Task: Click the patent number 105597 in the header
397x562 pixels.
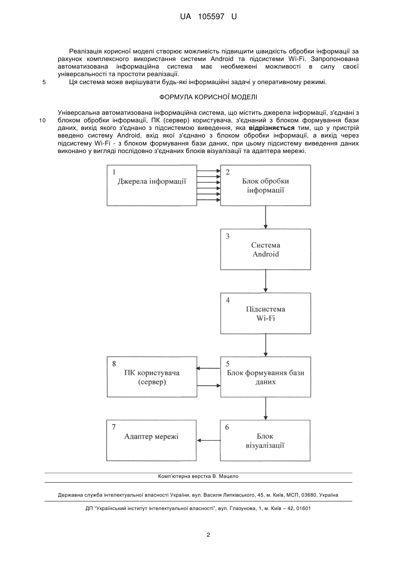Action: [211, 17]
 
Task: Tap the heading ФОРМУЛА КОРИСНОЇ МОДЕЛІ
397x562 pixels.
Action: [208, 97]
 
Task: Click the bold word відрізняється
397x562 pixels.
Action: [272, 128]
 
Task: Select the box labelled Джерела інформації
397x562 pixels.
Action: [152, 186]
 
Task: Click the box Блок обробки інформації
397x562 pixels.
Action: [266, 186]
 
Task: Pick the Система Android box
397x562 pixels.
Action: [266, 249]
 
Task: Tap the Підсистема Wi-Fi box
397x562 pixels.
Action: [266, 313]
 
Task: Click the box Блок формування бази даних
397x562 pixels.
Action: [266, 377]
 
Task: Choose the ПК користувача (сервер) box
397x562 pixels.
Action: [152, 377]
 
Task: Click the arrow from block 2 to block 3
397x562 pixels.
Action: [266, 217]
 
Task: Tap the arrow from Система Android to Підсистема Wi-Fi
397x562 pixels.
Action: [266, 281]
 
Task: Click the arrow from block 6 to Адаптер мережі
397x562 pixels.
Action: [208, 440]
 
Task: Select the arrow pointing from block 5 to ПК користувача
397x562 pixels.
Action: [208, 368]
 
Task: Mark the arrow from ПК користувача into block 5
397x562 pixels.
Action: [209, 385]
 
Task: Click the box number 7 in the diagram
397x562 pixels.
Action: [114, 427]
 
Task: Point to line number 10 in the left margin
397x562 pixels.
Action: [42, 121]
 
